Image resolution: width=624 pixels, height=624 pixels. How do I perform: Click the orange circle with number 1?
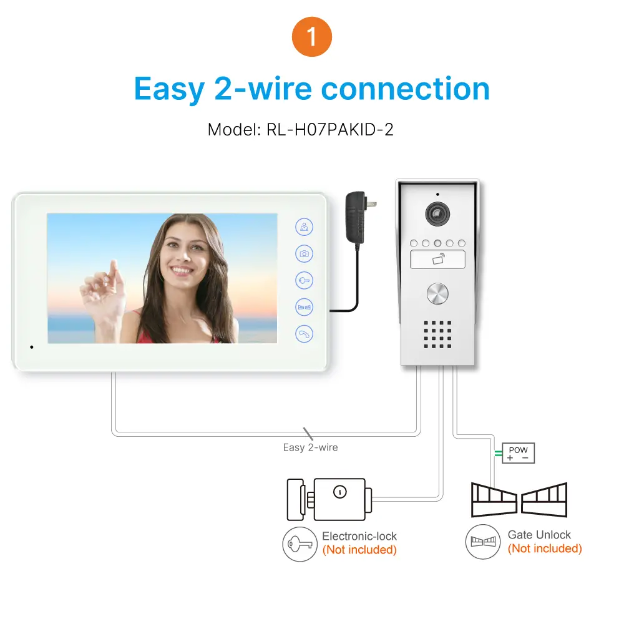[x=311, y=37]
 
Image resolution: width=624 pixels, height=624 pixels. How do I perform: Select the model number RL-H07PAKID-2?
[x=331, y=130]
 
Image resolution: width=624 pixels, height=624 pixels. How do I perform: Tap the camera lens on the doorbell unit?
[x=437, y=213]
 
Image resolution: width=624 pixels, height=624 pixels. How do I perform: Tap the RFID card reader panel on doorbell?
[x=437, y=259]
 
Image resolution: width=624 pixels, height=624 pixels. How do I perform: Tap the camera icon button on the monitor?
[x=304, y=254]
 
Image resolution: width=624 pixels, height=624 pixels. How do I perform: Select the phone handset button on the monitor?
[x=304, y=334]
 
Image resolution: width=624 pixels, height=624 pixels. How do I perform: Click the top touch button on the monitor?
[x=304, y=227]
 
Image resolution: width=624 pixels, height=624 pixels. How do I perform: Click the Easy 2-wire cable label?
[x=310, y=447]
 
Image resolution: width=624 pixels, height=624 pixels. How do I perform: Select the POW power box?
[x=518, y=454]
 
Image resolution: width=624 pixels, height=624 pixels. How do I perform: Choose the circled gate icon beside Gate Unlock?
[x=482, y=542]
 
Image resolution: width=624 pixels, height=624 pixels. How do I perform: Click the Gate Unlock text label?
[x=539, y=535]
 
